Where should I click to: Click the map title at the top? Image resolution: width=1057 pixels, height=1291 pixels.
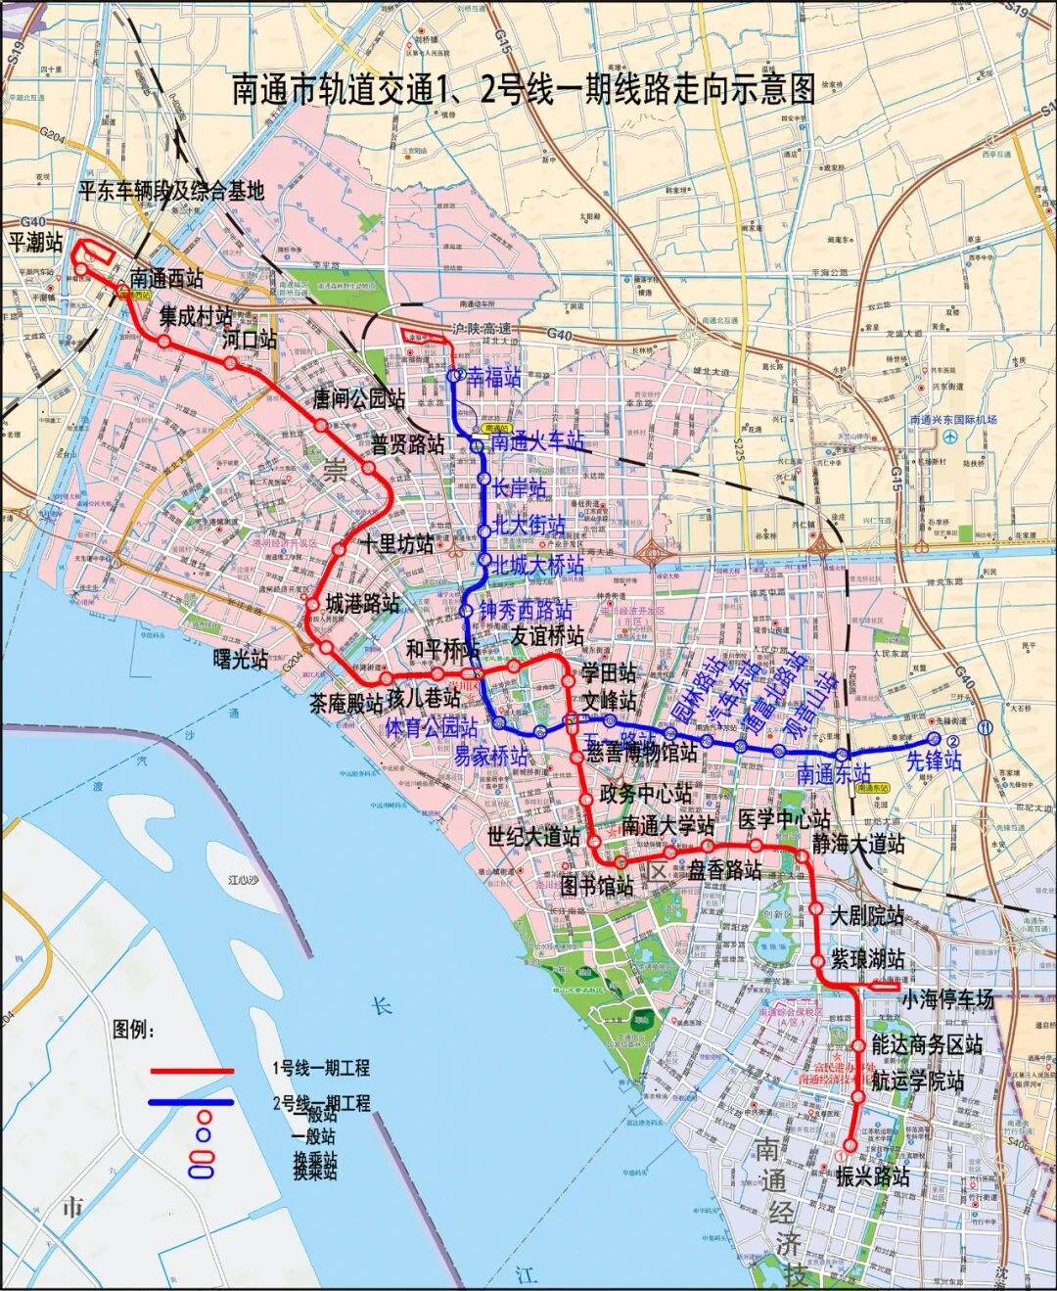click(x=524, y=89)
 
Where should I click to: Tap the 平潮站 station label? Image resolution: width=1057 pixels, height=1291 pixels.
click(x=36, y=242)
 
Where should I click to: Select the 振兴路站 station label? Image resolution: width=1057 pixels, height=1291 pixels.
click(x=872, y=1175)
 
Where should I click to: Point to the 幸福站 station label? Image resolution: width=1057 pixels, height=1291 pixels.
click(x=493, y=378)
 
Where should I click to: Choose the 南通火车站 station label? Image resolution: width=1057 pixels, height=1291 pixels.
click(x=536, y=442)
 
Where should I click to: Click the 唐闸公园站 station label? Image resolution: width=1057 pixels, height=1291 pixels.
click(x=358, y=399)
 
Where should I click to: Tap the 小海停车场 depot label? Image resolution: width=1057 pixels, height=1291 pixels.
click(x=946, y=999)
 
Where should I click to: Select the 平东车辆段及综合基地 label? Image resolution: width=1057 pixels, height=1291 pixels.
click(x=171, y=191)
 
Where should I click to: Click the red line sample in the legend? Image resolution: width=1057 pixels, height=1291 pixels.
click(x=192, y=1071)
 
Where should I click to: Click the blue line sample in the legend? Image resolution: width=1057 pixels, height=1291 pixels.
click(x=192, y=1102)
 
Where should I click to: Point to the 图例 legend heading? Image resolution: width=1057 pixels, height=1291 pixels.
click(x=134, y=1029)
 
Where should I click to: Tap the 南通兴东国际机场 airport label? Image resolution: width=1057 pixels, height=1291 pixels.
click(x=952, y=420)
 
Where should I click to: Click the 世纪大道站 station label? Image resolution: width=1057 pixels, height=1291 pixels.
click(x=533, y=837)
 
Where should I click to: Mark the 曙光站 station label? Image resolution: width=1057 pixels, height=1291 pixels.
click(x=241, y=660)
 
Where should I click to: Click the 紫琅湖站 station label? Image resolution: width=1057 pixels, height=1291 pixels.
click(x=867, y=958)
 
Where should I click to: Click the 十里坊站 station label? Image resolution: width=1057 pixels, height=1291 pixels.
click(x=397, y=544)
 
